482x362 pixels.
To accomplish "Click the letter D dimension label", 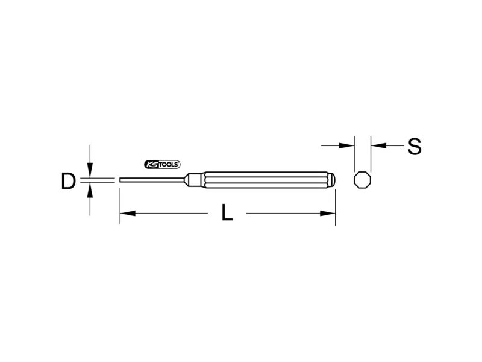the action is tap(68, 181).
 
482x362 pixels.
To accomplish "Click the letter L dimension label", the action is tap(227, 212).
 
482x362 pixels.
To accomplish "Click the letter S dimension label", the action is tap(415, 146).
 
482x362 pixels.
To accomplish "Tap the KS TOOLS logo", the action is tap(162, 165).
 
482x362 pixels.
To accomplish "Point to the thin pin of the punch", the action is tap(152, 180).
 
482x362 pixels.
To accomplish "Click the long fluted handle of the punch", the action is tap(266, 180).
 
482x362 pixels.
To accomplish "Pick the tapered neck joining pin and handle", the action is tap(193, 180).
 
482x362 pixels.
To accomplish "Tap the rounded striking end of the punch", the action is tap(333, 180).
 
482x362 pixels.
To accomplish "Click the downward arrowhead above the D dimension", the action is tap(90, 170).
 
